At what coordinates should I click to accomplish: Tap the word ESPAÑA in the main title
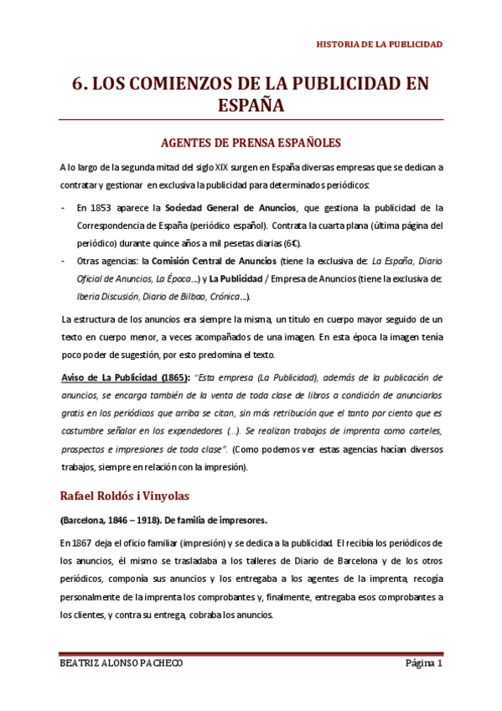coord(251,106)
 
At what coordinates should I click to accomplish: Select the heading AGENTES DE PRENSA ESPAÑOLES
coord(251,142)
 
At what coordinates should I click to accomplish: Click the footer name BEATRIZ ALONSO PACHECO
coord(123,664)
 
